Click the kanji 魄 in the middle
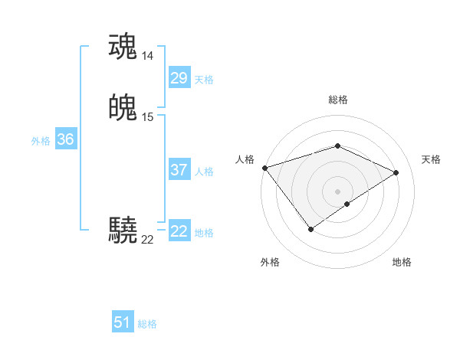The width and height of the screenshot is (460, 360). point(123,108)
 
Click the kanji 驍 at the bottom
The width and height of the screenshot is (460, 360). point(123,230)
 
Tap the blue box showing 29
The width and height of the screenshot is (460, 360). point(179,77)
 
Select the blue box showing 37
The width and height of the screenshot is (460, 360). point(179,170)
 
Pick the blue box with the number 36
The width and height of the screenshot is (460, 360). point(65,139)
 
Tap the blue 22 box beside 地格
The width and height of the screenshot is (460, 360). point(179,231)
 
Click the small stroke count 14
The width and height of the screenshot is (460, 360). point(148,56)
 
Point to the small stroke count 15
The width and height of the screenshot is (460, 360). point(148,117)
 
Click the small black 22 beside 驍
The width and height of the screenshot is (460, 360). point(147,240)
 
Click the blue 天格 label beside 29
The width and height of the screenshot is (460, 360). point(204,79)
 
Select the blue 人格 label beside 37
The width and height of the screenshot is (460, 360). point(204,172)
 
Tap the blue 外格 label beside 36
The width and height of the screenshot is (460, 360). point(41,141)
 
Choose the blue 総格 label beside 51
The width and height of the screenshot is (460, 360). point(147,324)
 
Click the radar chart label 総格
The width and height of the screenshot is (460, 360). point(338,100)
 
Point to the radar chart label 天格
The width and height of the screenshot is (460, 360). point(431,159)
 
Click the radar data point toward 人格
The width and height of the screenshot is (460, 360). point(264,168)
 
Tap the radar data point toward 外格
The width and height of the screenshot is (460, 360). point(311,229)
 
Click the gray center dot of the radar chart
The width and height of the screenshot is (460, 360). point(338,191)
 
